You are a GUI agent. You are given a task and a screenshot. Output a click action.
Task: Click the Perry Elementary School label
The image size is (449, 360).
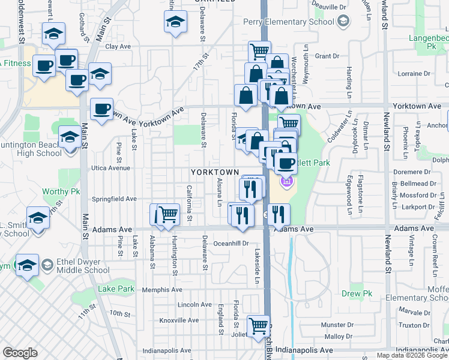pyautogui.click(x=289, y=22)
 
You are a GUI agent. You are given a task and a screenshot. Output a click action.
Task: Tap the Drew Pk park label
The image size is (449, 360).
pyautogui.click(x=353, y=293)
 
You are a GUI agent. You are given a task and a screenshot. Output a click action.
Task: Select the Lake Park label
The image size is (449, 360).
pyautogui.click(x=116, y=289)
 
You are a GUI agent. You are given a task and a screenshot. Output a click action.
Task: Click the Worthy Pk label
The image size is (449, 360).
pyautogui.click(x=61, y=192)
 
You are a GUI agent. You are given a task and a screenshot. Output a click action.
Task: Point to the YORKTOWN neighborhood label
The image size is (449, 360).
pyautogui.click(x=219, y=172)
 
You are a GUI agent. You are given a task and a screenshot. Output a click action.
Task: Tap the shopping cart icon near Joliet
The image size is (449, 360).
pyautogui.click(x=258, y=326)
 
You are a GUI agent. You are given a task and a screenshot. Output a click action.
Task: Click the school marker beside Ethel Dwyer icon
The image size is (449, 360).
pyautogui.click(x=27, y=265)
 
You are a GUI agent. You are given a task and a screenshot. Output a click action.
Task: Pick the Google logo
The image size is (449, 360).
pyautogui.click(x=20, y=352)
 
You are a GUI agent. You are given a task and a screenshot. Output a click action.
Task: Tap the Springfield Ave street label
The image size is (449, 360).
pyautogui.click(x=114, y=199)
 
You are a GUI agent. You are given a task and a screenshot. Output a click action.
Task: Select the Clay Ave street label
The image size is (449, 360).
pyautogui.click(x=118, y=46)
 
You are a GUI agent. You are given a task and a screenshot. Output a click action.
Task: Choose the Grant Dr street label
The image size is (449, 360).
pyautogui.click(x=327, y=56)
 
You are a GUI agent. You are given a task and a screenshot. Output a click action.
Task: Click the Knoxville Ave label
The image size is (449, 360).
pyautogui.click(x=179, y=320)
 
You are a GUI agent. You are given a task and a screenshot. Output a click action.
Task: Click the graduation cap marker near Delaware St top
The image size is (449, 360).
pyautogui.click(x=175, y=22)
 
